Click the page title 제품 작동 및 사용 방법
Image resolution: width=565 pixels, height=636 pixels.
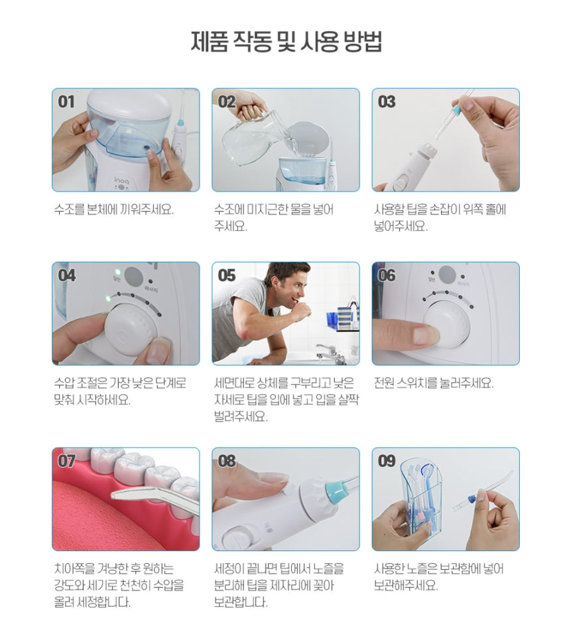click(286, 42)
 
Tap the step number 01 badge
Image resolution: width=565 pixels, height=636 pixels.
click(67, 101)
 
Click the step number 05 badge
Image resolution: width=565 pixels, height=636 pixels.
click(227, 275)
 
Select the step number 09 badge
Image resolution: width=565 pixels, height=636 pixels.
click(387, 461)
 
